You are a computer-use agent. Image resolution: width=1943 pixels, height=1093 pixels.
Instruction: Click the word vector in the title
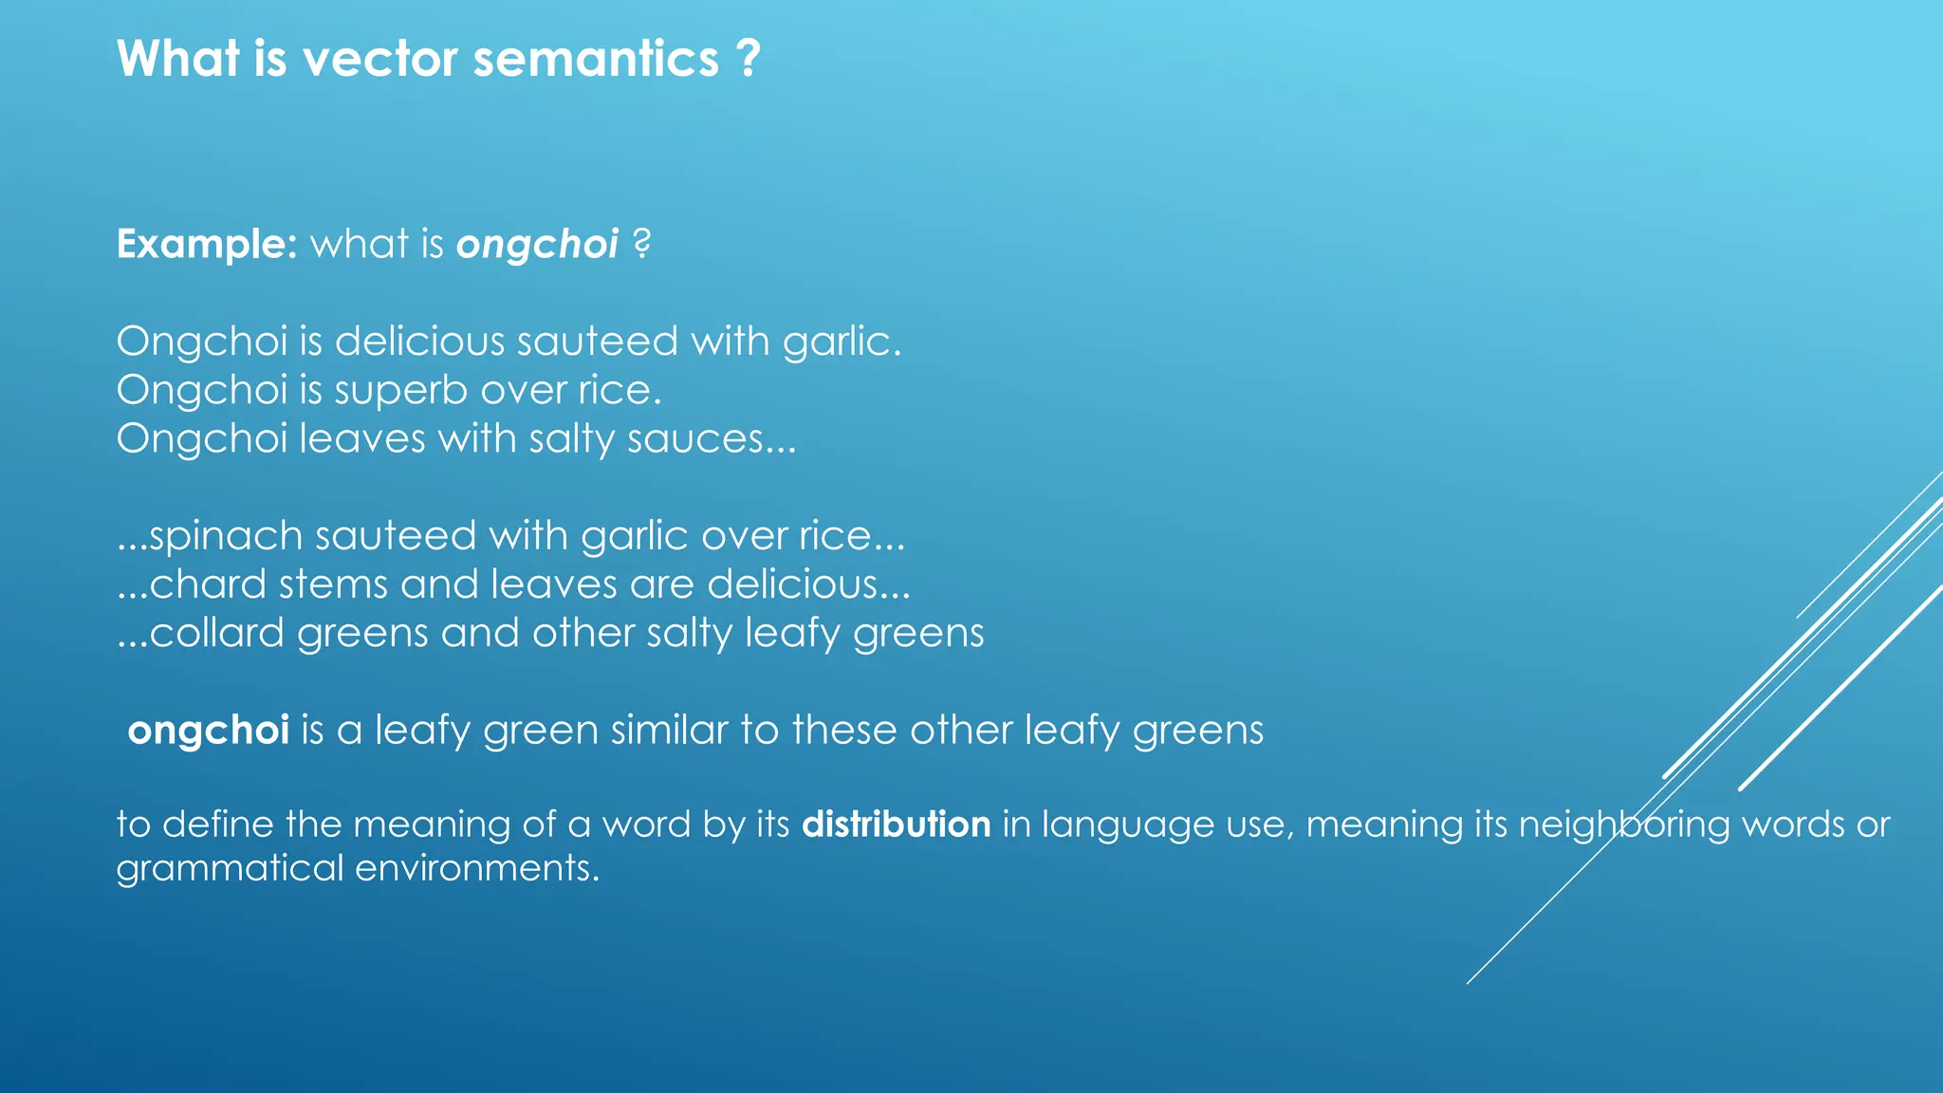[x=379, y=59]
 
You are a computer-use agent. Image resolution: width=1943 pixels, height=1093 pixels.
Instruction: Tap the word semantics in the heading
[x=596, y=59]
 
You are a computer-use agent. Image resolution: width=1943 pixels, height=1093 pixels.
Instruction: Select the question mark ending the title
[x=749, y=59]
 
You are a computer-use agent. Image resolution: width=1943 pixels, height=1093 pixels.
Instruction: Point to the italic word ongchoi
[x=537, y=245]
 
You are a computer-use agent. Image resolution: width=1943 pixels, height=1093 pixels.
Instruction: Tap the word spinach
[x=226, y=537]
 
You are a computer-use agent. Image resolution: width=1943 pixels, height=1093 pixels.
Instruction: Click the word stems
[x=333, y=584]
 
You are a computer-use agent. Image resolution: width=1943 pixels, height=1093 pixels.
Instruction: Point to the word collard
[x=216, y=633]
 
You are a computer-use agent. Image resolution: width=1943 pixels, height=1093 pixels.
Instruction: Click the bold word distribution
[x=896, y=824]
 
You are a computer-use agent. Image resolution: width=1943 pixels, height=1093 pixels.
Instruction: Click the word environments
[x=477, y=869]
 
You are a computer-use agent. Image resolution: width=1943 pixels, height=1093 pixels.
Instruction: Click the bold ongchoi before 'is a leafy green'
[x=208, y=731]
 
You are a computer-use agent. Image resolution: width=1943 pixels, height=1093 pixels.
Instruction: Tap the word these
[x=843, y=731]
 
